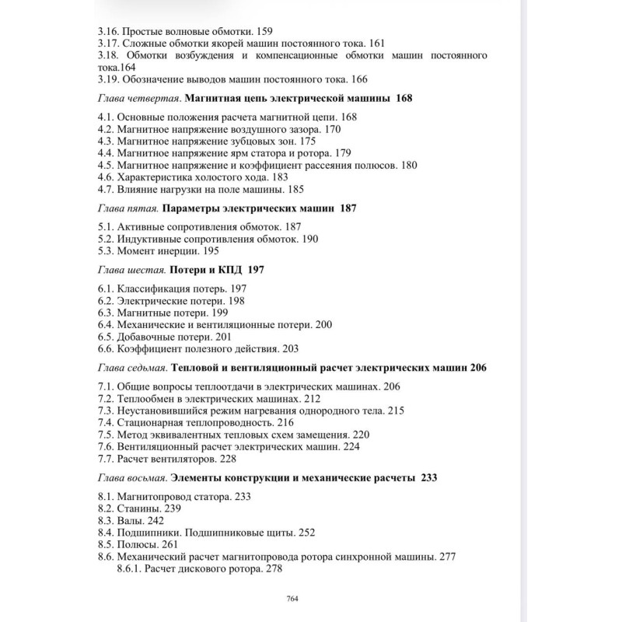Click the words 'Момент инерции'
coord(158,251)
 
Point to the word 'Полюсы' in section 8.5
coord(138,544)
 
